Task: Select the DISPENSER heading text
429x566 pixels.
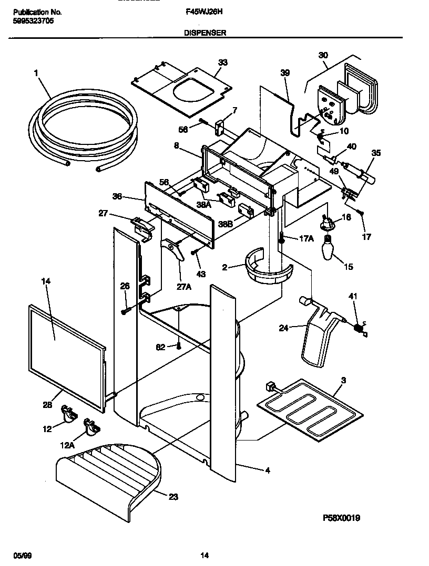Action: tap(205, 33)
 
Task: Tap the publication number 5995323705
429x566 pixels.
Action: tap(32, 21)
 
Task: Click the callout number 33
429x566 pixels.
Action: tap(223, 62)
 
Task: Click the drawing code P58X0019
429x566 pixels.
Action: tap(341, 518)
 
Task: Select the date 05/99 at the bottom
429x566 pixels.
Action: tap(18, 555)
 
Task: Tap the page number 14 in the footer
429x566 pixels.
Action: tap(205, 555)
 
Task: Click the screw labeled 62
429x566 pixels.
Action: tap(179, 345)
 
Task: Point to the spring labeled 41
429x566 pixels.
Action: tap(358, 328)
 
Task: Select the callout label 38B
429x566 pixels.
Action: tap(226, 224)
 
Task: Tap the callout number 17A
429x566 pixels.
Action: tap(307, 238)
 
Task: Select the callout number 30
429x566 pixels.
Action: tap(323, 55)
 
